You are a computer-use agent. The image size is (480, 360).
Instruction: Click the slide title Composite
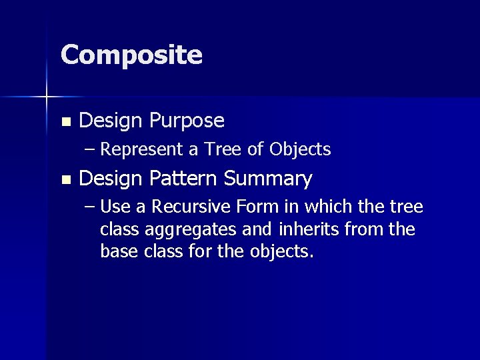(x=131, y=55)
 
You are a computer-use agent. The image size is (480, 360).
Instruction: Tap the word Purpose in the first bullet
(x=187, y=121)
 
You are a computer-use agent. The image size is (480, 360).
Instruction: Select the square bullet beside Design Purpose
(x=65, y=122)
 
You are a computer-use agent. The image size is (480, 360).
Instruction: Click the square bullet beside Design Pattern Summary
(x=65, y=179)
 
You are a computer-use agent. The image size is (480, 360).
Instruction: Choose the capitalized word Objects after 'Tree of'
(x=300, y=150)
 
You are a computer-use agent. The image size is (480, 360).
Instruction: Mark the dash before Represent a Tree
(x=91, y=149)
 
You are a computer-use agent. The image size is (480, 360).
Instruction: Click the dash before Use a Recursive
(x=91, y=207)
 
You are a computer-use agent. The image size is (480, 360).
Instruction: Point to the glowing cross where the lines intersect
(x=47, y=97)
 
